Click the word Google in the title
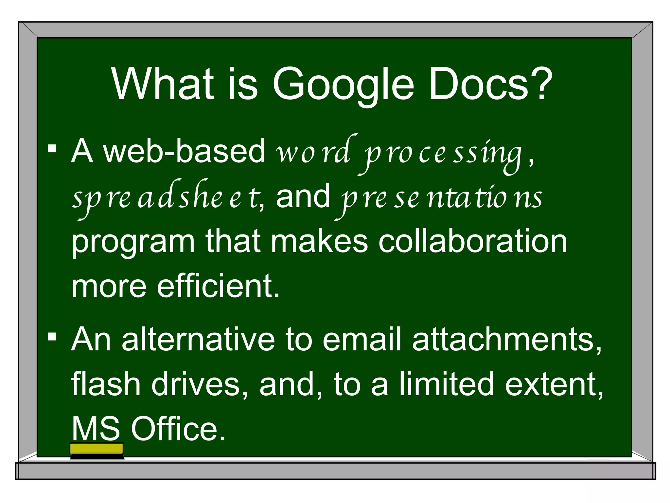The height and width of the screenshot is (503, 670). (343, 84)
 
